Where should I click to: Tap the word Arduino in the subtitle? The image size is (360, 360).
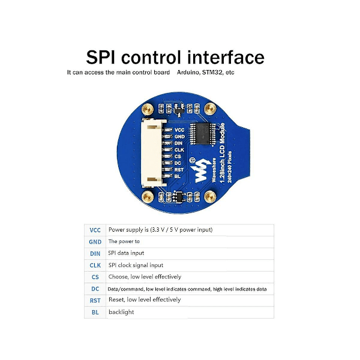pos(190,72)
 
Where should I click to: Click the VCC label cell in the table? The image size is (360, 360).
pos(95,230)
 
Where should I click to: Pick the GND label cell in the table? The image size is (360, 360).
pos(95,241)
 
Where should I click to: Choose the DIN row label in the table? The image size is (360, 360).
pos(95,253)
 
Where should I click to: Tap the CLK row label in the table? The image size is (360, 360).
pos(95,265)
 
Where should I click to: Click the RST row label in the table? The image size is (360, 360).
pos(95,300)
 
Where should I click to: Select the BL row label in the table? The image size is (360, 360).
pos(95,312)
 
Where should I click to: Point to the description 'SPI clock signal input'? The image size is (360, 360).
pos(136,265)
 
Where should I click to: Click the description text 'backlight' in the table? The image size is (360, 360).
pos(121,312)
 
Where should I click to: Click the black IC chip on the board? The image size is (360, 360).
pos(204,134)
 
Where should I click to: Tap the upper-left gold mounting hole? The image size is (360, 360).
pos(146,110)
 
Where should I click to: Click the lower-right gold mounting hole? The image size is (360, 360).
pos(210,197)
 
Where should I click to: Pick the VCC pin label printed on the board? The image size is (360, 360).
pos(179,130)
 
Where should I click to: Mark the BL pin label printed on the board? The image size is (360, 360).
pos(178,176)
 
